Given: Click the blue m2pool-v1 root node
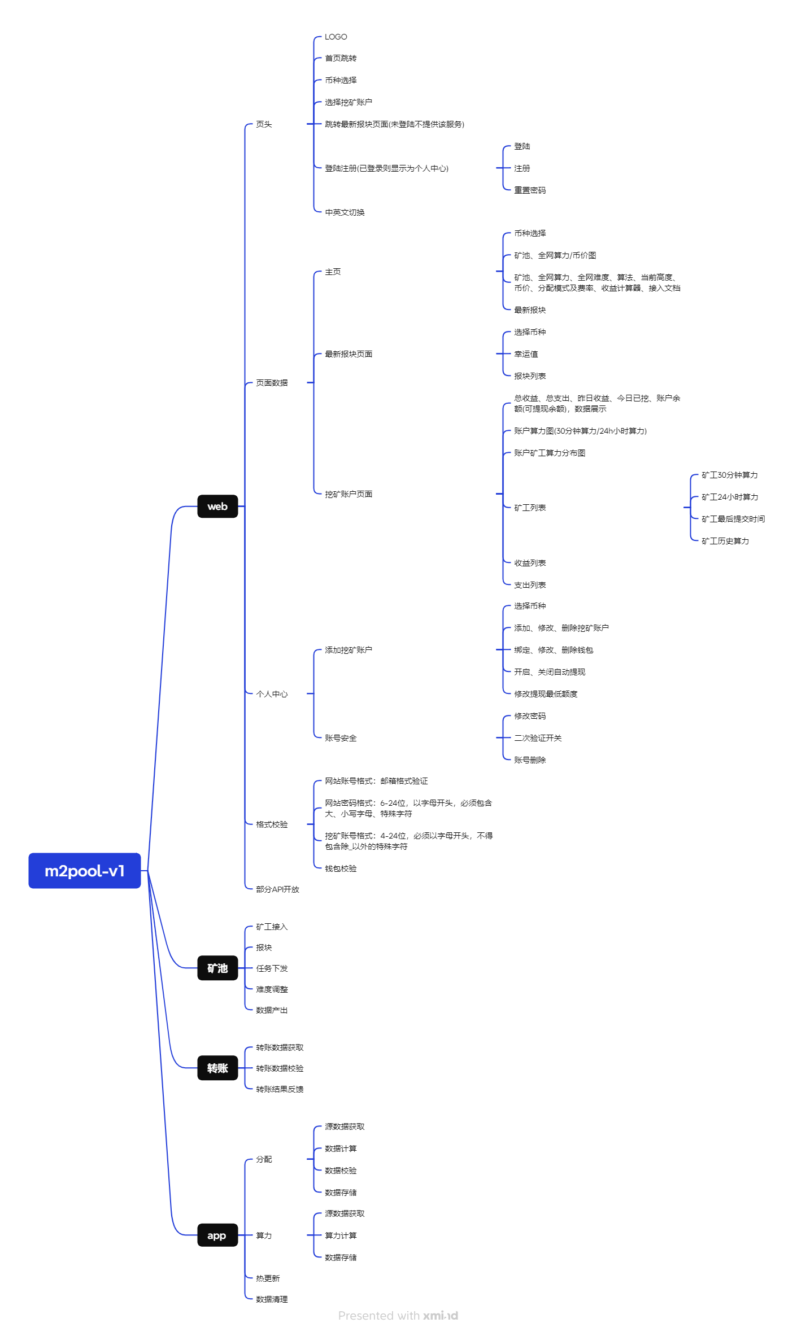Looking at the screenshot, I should tap(85, 871).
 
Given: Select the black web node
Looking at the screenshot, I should tap(217, 507).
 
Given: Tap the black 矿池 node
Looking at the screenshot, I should tap(217, 968).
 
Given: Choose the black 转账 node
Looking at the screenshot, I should tap(217, 1068).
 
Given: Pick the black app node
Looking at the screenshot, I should tap(217, 1235).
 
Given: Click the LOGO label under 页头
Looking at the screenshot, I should tap(336, 37).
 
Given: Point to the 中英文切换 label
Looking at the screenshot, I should tap(345, 212).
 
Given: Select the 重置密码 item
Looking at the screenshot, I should tap(529, 190).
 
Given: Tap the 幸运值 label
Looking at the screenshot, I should tap(525, 354).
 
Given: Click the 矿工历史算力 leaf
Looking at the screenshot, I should tap(725, 541).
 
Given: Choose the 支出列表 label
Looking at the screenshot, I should tap(529, 585).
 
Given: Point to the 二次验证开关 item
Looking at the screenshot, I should tap(537, 738).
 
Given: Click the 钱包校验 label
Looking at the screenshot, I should tap(341, 868).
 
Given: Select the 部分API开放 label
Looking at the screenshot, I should tap(277, 889).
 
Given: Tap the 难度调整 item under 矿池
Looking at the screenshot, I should tap(272, 989).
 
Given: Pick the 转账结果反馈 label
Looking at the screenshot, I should tap(280, 1089).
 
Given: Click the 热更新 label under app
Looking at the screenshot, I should tap(268, 1278).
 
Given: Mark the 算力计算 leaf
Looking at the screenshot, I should tap(341, 1235).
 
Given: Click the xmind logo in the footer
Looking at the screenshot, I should tap(441, 1316).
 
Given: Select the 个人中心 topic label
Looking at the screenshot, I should tap(272, 694).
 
